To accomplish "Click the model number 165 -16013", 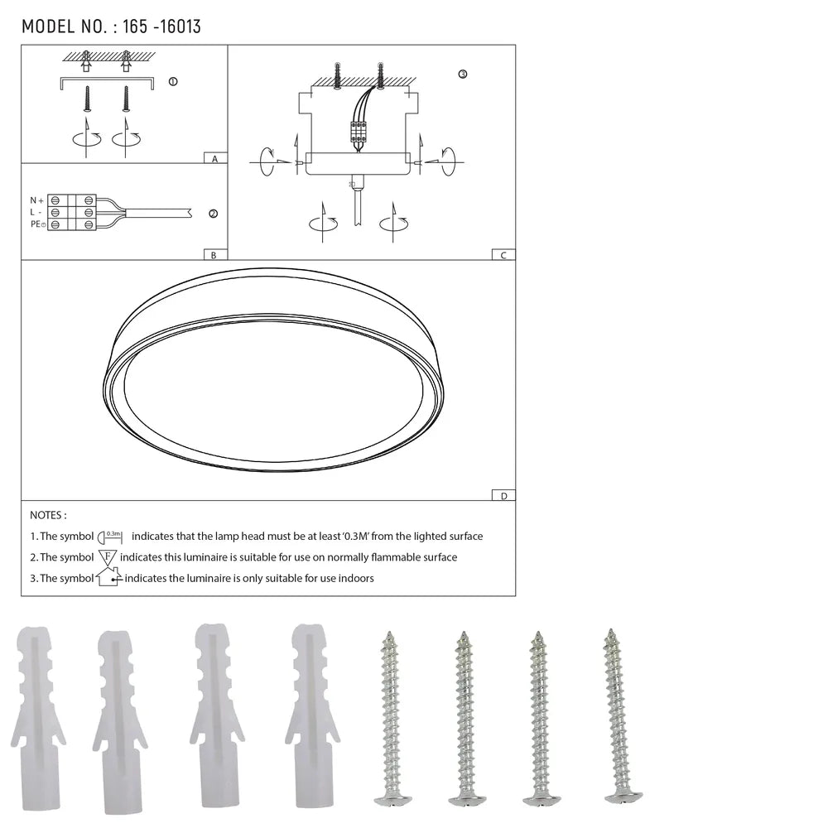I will click(161, 26).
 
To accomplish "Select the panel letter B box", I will click(214, 255).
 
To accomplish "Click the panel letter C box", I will click(503, 255).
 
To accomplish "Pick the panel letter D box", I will click(503, 495).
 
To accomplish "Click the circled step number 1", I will click(172, 82).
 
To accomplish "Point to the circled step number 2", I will click(213, 214).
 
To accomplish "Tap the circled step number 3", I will click(462, 75).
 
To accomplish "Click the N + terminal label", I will click(36, 200).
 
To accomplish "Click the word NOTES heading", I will click(48, 515).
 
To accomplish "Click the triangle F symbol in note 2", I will click(108, 556).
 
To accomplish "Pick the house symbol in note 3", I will click(108, 577).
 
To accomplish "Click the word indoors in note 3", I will click(354, 578).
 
